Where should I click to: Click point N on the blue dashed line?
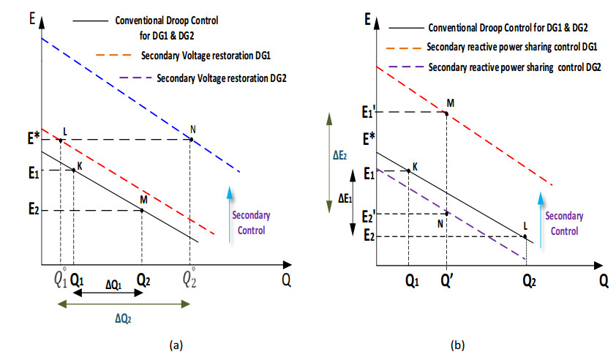pyautogui.click(x=192, y=139)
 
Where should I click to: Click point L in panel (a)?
pyautogui.click(x=60, y=139)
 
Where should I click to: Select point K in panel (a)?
pyautogui.click(x=73, y=170)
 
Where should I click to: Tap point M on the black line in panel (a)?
pyautogui.click(x=142, y=210)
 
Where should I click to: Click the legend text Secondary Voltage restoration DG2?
pyautogui.click(x=221, y=78)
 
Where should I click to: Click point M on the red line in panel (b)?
pyautogui.click(x=446, y=112)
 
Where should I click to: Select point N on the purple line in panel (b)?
pyautogui.click(x=446, y=213)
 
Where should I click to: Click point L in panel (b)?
pyautogui.click(x=525, y=236)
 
